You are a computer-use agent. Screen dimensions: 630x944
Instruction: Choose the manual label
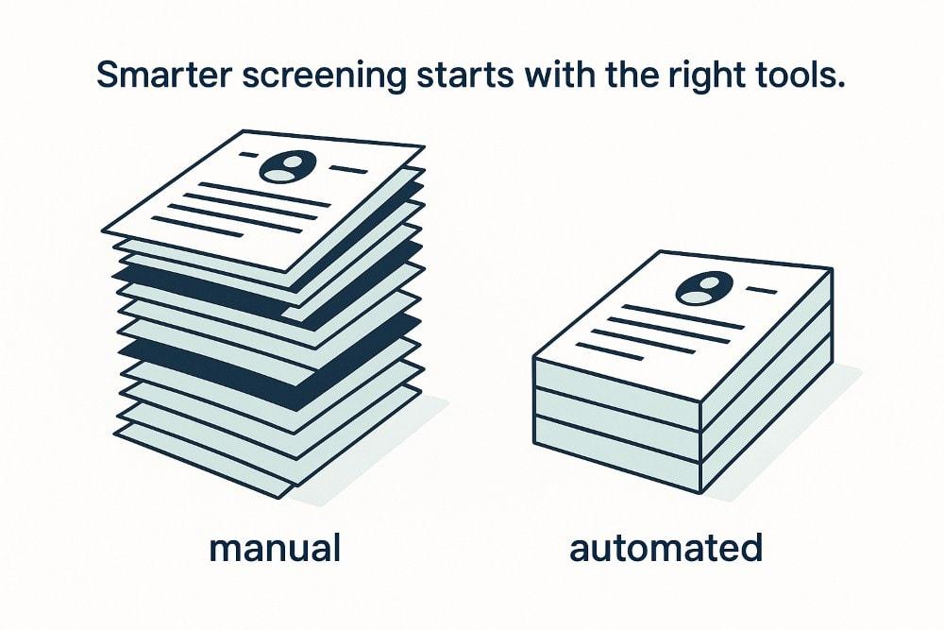[x=275, y=547]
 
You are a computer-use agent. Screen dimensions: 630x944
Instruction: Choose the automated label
[x=666, y=547]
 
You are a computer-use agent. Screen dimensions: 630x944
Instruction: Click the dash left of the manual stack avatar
[x=249, y=156]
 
